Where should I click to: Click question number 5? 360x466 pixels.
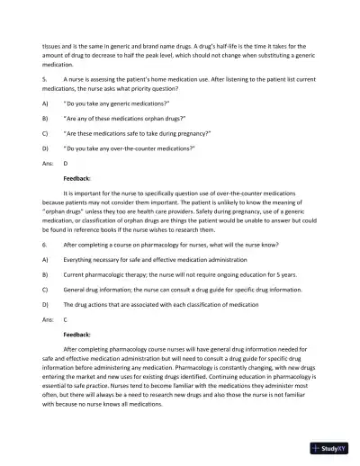(x=43, y=79)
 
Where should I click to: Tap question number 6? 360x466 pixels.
(x=43, y=245)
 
